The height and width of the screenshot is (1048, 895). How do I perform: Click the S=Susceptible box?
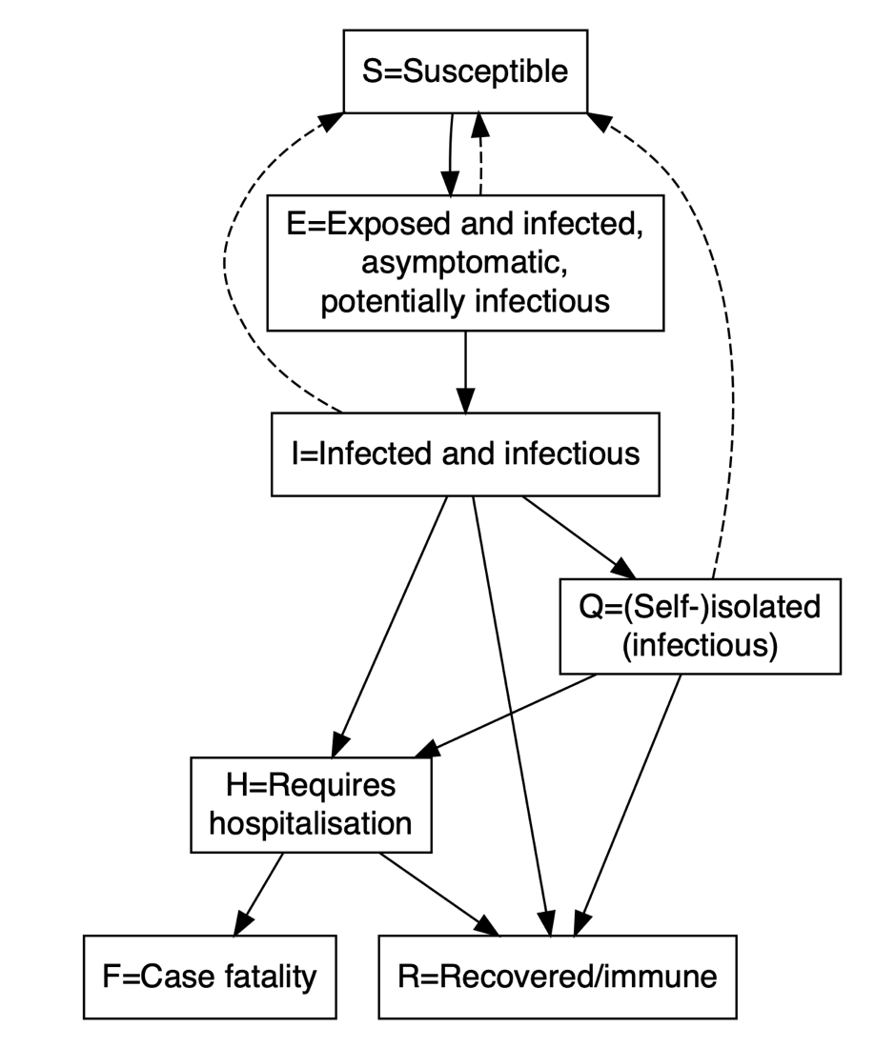click(465, 71)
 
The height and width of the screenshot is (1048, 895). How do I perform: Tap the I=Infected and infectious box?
click(465, 453)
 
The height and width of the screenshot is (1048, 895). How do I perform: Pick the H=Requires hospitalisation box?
click(311, 804)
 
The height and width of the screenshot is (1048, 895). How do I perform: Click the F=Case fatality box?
click(210, 977)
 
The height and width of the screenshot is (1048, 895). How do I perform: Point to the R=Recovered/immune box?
click(558, 977)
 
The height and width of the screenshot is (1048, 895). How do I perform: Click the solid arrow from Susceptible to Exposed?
click(449, 152)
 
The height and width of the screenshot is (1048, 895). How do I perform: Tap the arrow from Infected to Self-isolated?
click(578, 535)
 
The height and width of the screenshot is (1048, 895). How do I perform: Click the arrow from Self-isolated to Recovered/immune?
click(629, 800)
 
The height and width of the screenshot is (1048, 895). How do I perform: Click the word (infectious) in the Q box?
click(700, 646)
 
